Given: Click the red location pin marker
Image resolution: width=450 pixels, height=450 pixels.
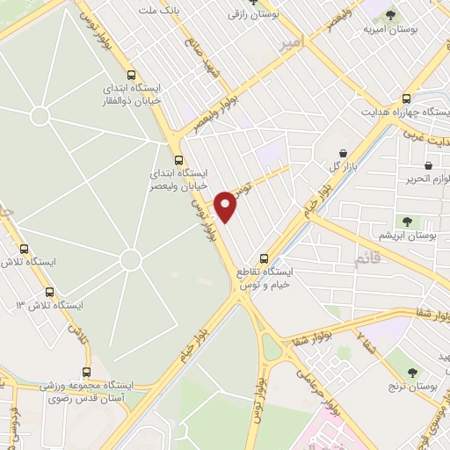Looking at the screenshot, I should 226,206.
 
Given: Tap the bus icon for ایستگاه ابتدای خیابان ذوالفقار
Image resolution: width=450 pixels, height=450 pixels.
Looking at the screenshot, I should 131,76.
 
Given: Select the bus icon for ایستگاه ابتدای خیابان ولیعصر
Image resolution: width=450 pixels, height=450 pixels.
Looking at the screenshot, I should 178,161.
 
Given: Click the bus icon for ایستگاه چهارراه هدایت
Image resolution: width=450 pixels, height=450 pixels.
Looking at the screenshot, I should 406,99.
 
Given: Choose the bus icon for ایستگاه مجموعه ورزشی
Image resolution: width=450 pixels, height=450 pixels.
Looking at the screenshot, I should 86,373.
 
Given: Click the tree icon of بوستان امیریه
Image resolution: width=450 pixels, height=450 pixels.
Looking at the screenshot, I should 390,15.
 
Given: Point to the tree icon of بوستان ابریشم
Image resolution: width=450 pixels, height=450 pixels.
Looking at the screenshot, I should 407,221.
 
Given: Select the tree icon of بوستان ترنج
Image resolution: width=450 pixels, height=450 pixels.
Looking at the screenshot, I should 415,353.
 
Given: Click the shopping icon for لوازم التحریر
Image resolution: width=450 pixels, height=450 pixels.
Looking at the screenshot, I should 428,164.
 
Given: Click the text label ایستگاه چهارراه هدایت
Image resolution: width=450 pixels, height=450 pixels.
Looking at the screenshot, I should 406,113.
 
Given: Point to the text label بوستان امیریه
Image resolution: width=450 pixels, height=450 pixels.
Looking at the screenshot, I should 390,29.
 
